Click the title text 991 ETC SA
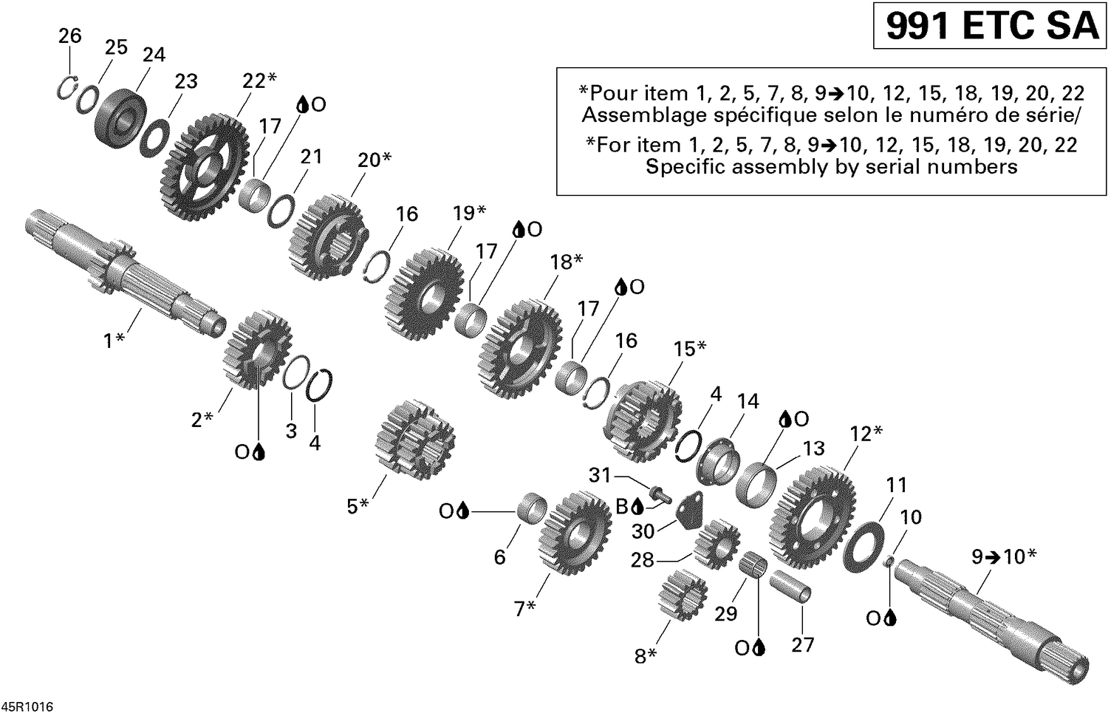point(991,27)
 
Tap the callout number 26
point(70,35)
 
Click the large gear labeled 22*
point(203,167)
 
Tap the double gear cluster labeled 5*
point(414,440)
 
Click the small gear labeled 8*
point(682,595)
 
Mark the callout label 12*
point(866,434)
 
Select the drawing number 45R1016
point(27,708)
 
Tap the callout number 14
point(748,401)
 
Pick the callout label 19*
point(469,214)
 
